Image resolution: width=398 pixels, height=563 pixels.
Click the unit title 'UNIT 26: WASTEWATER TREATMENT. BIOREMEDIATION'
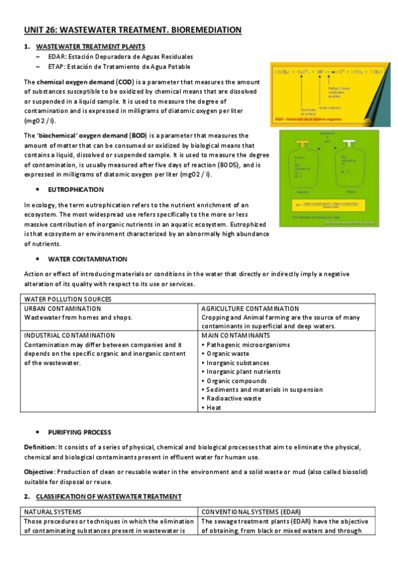point(132,31)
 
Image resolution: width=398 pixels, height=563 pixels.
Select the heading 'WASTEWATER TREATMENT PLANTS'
point(90,48)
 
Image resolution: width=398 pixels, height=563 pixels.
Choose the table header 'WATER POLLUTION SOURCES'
point(64,299)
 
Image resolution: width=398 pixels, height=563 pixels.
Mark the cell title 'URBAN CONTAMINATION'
point(62,309)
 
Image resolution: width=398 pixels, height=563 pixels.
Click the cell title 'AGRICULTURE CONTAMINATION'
point(250,309)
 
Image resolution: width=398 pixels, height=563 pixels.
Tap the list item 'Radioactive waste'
point(233,398)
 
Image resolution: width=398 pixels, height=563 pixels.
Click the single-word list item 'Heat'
point(214,408)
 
